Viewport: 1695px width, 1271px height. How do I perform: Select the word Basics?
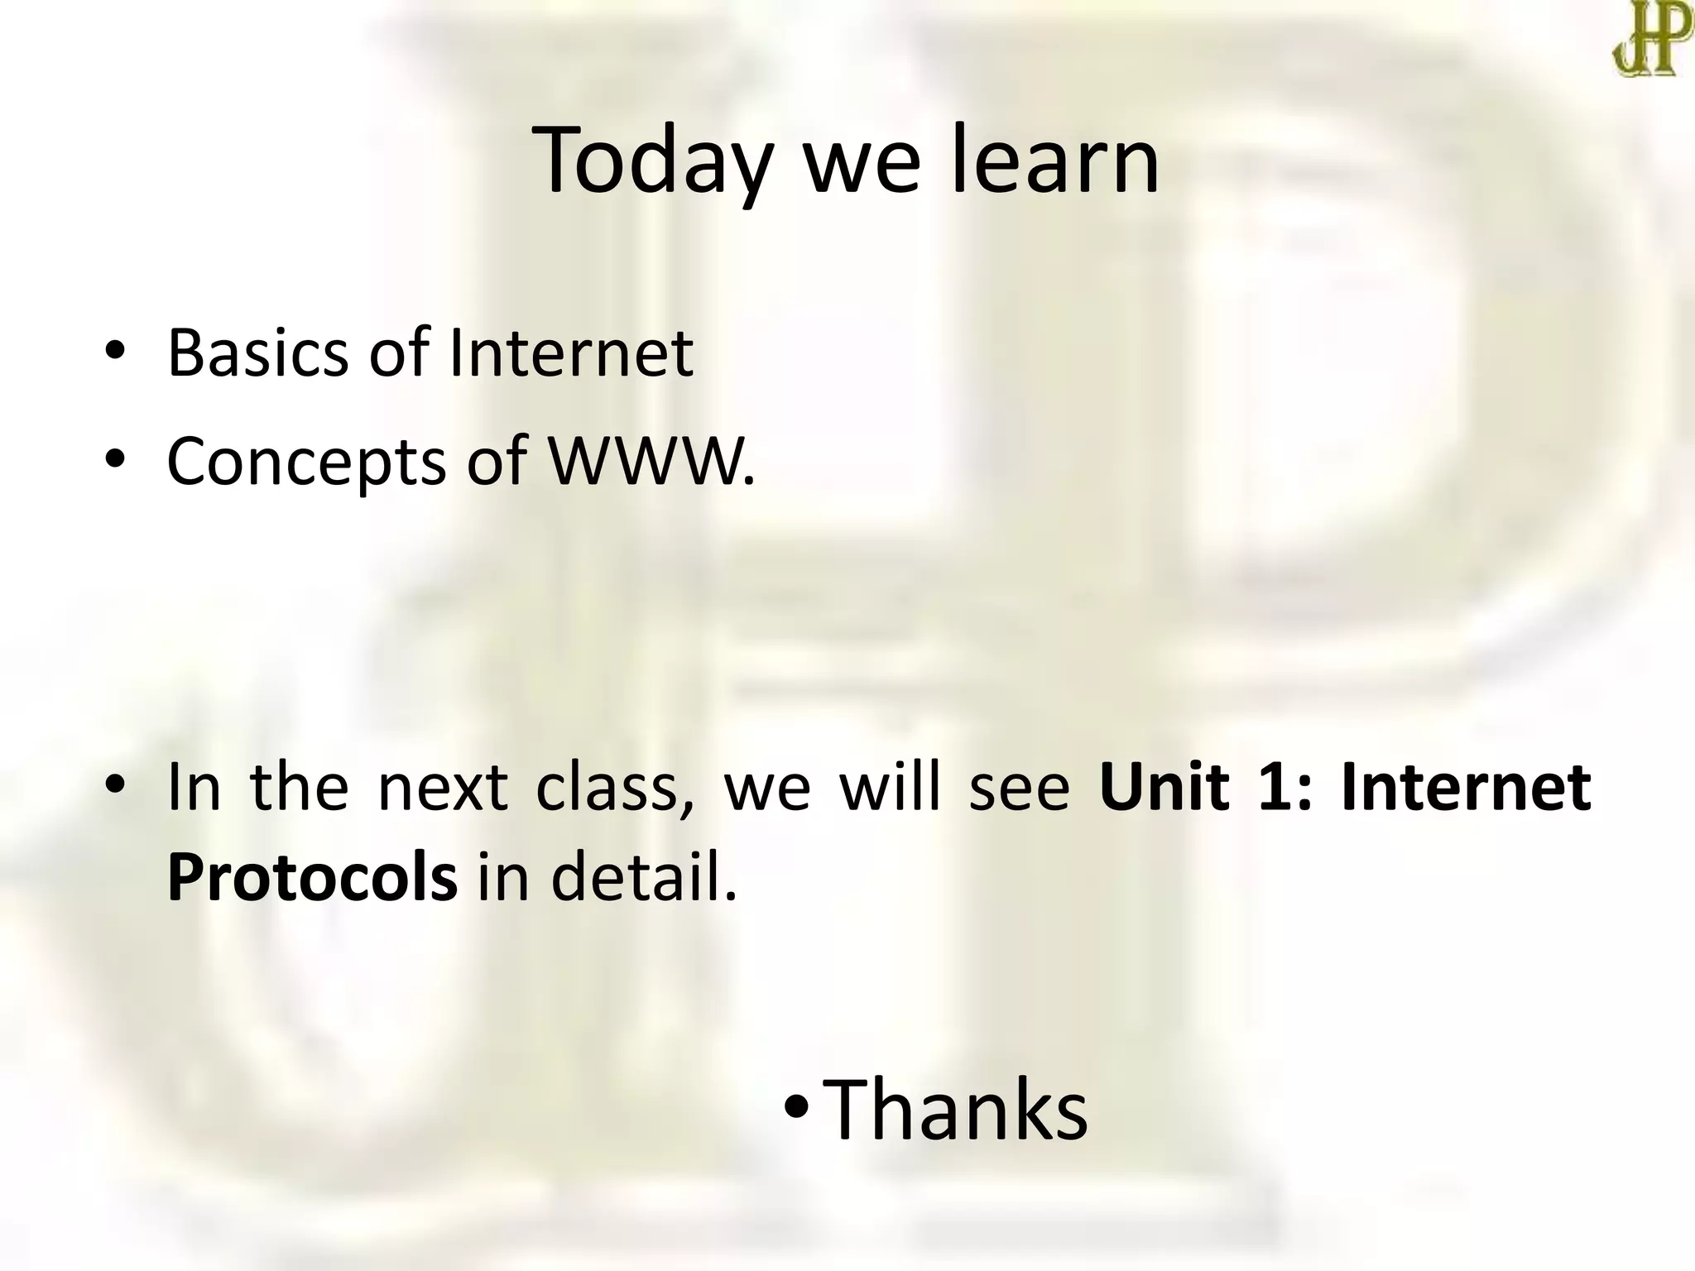pyautogui.click(x=257, y=353)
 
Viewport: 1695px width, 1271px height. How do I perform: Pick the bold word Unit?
pyautogui.click(x=1164, y=786)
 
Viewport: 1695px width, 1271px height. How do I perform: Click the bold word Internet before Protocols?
pyautogui.click(x=1465, y=786)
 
